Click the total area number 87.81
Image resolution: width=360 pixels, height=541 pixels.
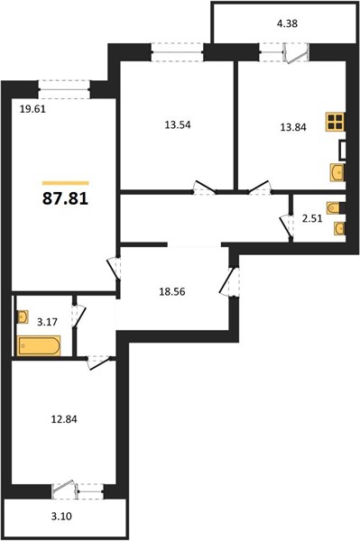65,198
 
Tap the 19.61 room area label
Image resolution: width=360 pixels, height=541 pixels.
32,109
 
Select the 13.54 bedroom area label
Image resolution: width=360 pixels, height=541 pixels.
178,125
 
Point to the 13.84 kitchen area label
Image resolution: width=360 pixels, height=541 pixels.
293,127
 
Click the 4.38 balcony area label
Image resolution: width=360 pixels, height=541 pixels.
287,23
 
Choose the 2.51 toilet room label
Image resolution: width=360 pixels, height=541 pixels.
312,218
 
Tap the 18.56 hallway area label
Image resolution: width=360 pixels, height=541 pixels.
172,292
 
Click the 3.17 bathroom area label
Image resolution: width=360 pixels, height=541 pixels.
47,322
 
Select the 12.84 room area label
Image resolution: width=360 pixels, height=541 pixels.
64,419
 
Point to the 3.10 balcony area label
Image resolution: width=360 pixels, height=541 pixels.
61,517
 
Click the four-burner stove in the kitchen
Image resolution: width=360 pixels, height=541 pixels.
335,122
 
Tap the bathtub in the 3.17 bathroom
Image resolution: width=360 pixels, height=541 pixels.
39,345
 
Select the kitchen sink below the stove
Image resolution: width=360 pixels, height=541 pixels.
337,172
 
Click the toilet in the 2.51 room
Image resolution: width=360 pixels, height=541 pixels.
334,207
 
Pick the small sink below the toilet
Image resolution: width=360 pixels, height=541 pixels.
339,228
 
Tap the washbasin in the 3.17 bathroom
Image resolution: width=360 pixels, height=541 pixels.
23,317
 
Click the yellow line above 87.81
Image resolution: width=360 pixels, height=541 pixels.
66,183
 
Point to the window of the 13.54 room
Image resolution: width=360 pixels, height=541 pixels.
177,52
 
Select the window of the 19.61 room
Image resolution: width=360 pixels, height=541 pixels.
64,89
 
